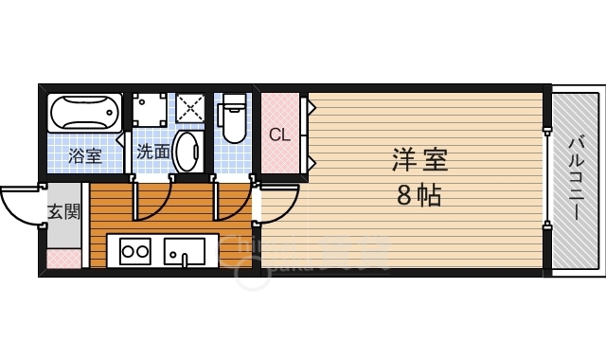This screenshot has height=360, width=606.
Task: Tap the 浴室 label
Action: (86, 155)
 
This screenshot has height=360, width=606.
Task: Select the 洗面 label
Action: (152, 151)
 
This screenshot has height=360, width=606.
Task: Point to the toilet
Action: (232, 119)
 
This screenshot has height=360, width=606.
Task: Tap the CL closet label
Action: (278, 135)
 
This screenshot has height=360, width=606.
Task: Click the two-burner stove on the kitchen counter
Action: (134, 252)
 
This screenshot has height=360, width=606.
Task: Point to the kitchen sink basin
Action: (185, 252)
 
